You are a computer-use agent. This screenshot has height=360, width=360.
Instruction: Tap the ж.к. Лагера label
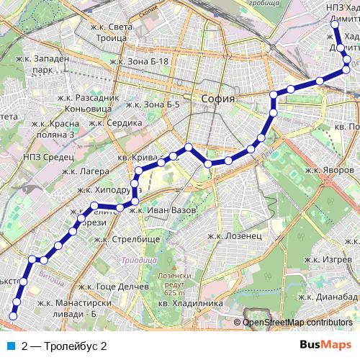[x=85, y=171]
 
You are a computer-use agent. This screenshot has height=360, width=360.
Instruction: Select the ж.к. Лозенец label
[x=234, y=235]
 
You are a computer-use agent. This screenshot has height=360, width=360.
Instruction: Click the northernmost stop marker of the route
[x=334, y=24]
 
